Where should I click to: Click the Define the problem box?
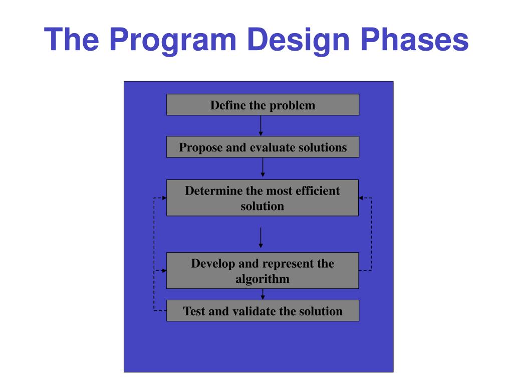pos(263,105)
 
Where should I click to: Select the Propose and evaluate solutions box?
pos(263,147)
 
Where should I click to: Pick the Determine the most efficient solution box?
pos(263,198)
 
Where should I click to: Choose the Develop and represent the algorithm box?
pos(263,270)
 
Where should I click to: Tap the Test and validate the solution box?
pos(263,311)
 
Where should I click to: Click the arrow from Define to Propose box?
pos(261,126)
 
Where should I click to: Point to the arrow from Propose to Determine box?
pos(263,167)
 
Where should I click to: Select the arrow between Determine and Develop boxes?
pos(261,238)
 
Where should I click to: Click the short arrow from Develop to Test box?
pos(263,294)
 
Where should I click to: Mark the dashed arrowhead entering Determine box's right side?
pos(361,198)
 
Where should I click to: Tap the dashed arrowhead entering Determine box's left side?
pos(164,198)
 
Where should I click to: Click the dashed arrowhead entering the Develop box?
pos(164,270)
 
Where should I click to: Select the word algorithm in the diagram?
pos(263,279)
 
